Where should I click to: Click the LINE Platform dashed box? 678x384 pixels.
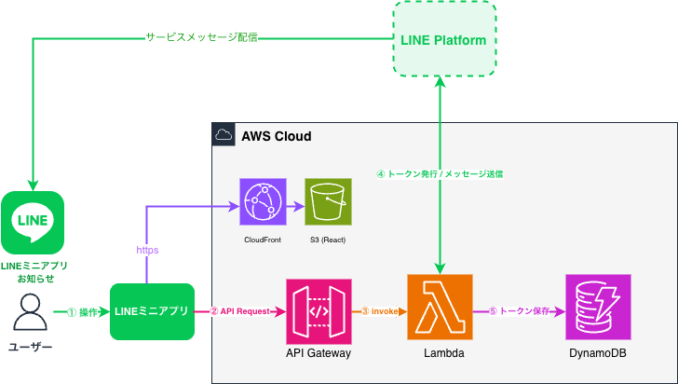coord(443,40)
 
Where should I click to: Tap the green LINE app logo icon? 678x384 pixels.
coord(33,222)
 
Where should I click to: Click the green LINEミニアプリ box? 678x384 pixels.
coord(152,309)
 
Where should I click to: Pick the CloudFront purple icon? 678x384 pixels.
coord(266,202)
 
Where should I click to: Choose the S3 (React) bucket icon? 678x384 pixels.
coord(328,202)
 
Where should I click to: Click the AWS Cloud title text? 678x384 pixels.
coord(277,136)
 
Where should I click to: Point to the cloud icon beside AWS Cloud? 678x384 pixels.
coord(224,136)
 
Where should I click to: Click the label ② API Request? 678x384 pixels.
coord(240,310)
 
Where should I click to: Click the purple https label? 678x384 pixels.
coord(147,250)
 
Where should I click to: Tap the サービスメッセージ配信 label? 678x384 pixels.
coord(201,38)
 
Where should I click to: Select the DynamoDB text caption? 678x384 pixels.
coord(598,354)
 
